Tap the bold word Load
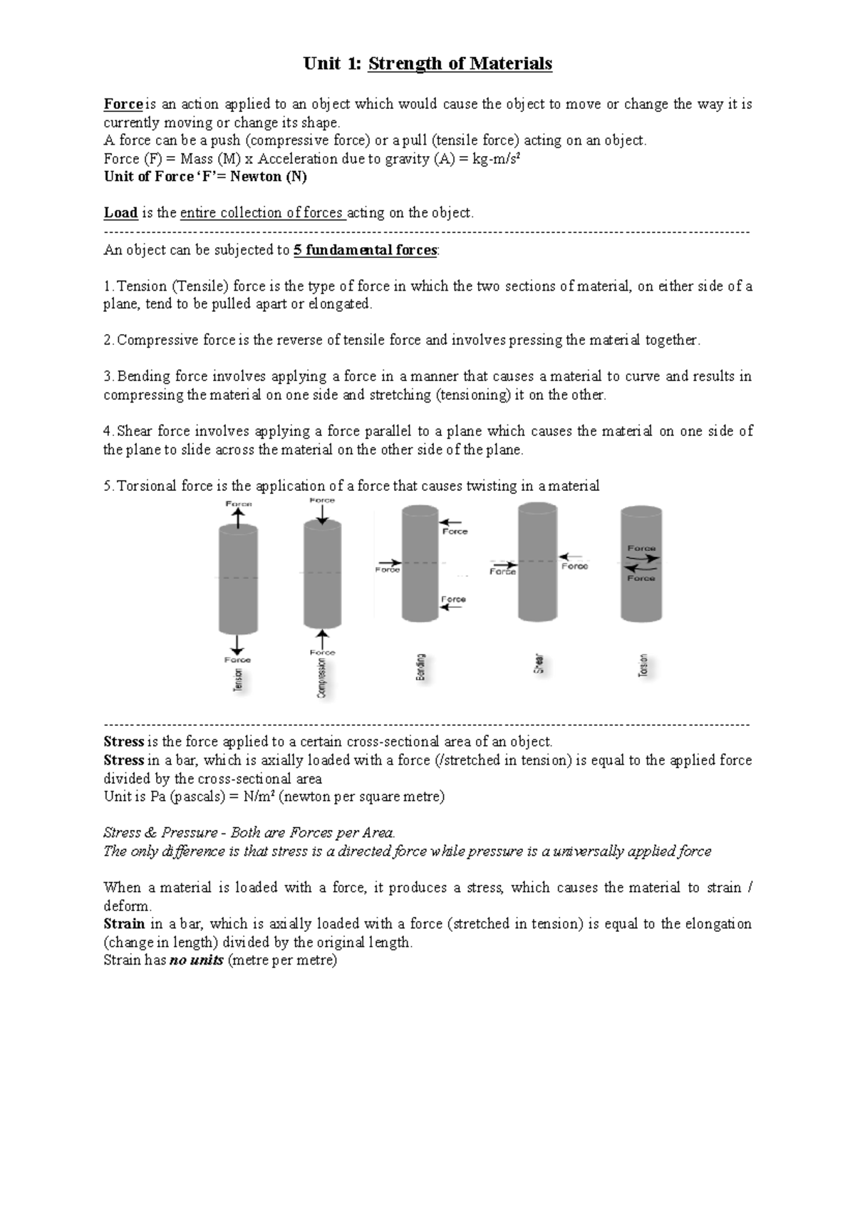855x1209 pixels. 120,213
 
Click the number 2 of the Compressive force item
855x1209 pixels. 108,341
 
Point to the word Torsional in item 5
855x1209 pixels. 147,487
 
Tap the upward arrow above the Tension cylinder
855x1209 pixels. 238,518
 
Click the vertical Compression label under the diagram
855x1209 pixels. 322,678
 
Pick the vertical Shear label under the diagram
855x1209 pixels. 539,664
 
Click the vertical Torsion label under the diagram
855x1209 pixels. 643,666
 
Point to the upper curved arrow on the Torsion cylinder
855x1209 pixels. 643,558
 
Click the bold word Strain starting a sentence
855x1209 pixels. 124,924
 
